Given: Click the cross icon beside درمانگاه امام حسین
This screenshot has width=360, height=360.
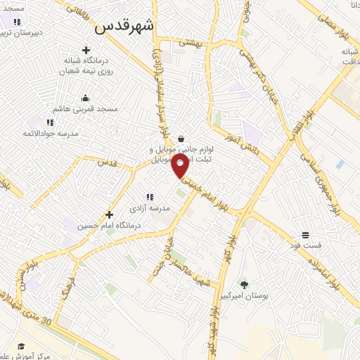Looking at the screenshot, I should click(109, 214).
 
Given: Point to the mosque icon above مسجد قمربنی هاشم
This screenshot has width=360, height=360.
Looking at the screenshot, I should click(86, 98).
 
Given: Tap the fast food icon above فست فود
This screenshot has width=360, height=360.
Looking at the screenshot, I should click(305, 235).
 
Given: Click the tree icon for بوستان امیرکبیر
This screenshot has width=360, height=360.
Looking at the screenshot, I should click(243, 285).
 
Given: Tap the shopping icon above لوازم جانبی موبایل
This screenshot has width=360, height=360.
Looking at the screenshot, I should click(182, 139).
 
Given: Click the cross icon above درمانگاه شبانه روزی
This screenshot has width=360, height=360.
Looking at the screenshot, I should click(86, 50).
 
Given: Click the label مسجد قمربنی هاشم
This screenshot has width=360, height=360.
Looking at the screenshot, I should click(89, 110).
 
